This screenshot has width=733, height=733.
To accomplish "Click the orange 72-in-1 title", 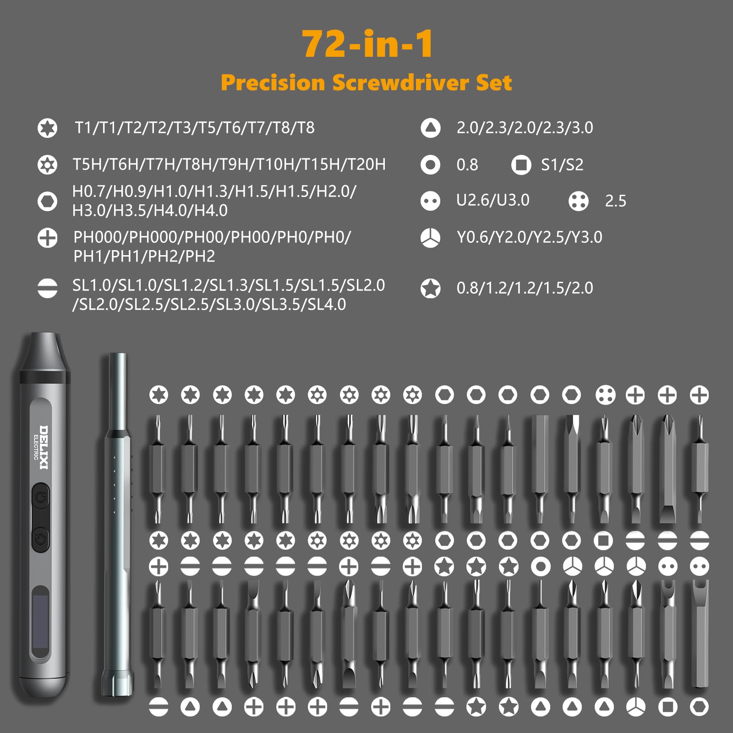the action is click(367, 44).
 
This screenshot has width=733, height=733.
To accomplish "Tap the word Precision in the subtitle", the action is click(273, 83).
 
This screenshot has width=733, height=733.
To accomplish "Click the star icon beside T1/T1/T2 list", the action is click(47, 128).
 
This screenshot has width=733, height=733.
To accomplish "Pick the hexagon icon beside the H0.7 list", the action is click(47, 201).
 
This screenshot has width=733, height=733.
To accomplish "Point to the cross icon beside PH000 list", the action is click(47, 238).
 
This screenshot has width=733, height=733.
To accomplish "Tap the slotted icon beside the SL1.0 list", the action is click(47, 289).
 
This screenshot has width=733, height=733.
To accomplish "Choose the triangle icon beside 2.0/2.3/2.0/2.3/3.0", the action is click(430, 128).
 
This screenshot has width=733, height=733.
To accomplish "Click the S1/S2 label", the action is click(562, 165).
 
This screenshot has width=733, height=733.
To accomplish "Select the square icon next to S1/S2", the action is click(521, 165).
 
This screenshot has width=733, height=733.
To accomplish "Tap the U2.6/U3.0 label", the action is click(492, 200).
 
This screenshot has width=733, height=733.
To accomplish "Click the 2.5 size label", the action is click(615, 201).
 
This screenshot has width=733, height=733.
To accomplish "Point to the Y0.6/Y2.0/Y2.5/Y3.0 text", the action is click(529, 237).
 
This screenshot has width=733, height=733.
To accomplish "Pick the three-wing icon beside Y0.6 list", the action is click(430, 238).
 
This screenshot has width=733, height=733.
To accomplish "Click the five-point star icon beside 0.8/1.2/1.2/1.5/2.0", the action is click(430, 289).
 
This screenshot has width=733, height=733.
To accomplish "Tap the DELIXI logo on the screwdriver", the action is click(44, 447).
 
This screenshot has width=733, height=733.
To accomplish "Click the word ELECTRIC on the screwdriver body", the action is click(36, 447).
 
